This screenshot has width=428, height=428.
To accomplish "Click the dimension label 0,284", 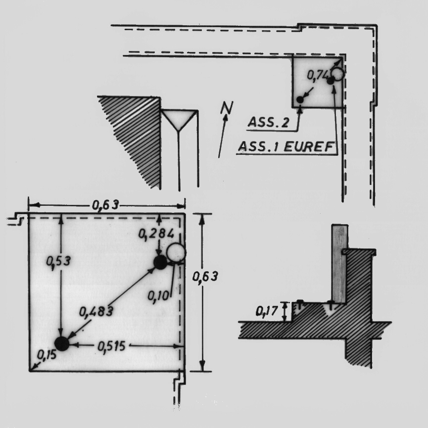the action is pyautogui.click(x=156, y=234).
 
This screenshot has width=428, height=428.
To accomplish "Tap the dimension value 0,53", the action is pyautogui.click(x=58, y=262).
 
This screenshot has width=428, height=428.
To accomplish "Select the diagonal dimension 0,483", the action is pyautogui.click(x=96, y=311).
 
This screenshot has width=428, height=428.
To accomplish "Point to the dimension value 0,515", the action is pyautogui.click(x=111, y=346).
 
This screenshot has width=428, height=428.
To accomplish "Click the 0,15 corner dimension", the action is pyautogui.click(x=47, y=355).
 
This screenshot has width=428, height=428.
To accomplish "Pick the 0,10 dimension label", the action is pyautogui.click(x=158, y=295).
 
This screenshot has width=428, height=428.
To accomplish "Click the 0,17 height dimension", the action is pyautogui.click(x=266, y=311).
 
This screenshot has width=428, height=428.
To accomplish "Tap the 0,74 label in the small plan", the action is pyautogui.click(x=317, y=75).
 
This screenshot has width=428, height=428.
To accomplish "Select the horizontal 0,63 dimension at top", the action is pyautogui.click(x=105, y=205).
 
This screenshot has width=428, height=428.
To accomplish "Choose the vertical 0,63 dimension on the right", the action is pyautogui.click(x=205, y=277).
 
